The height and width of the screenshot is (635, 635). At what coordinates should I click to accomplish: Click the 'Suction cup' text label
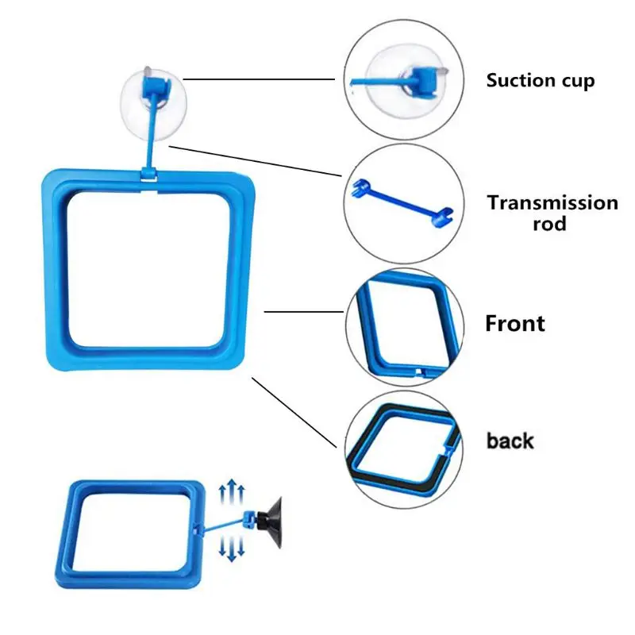coord(541,80)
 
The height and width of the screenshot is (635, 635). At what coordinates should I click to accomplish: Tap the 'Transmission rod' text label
coord(552,213)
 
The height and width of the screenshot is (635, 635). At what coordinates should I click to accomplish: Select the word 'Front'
coord(514,323)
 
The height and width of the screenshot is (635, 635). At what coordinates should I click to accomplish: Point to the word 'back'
coord(510,441)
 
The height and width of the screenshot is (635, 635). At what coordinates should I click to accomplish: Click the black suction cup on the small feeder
coord(270,522)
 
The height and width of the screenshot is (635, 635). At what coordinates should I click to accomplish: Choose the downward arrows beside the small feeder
coord(232,548)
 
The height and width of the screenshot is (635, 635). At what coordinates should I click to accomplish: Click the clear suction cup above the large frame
coord(154,105)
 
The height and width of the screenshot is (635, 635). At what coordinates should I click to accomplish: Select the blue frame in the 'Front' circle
coord(409,327)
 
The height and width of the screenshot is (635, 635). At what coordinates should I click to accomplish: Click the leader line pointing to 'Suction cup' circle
coord(259,79)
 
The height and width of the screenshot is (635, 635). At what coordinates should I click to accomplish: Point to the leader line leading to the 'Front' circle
coord(304,311)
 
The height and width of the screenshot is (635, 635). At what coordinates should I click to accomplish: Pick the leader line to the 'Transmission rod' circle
coord(256,161)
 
